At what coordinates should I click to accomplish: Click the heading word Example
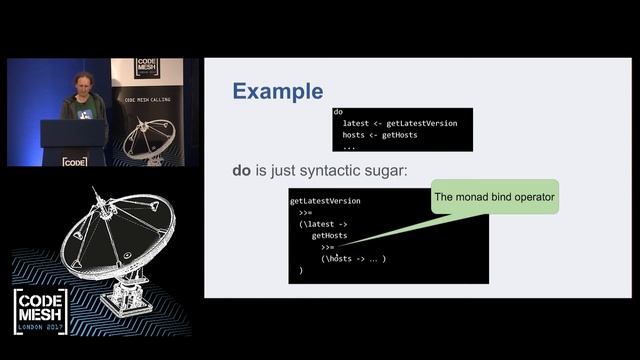tap(277, 92)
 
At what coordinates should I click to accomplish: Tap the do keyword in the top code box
tap(338, 112)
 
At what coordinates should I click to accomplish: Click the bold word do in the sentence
tap(242, 171)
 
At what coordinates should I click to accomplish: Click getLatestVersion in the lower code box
tap(325, 201)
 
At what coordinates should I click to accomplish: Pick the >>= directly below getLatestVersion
tap(305, 212)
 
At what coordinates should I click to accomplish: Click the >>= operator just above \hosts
tap(328, 247)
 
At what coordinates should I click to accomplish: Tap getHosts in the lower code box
tap(329, 236)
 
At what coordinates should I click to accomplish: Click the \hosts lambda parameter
tap(339, 259)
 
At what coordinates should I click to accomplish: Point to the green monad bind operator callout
tap(493, 198)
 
